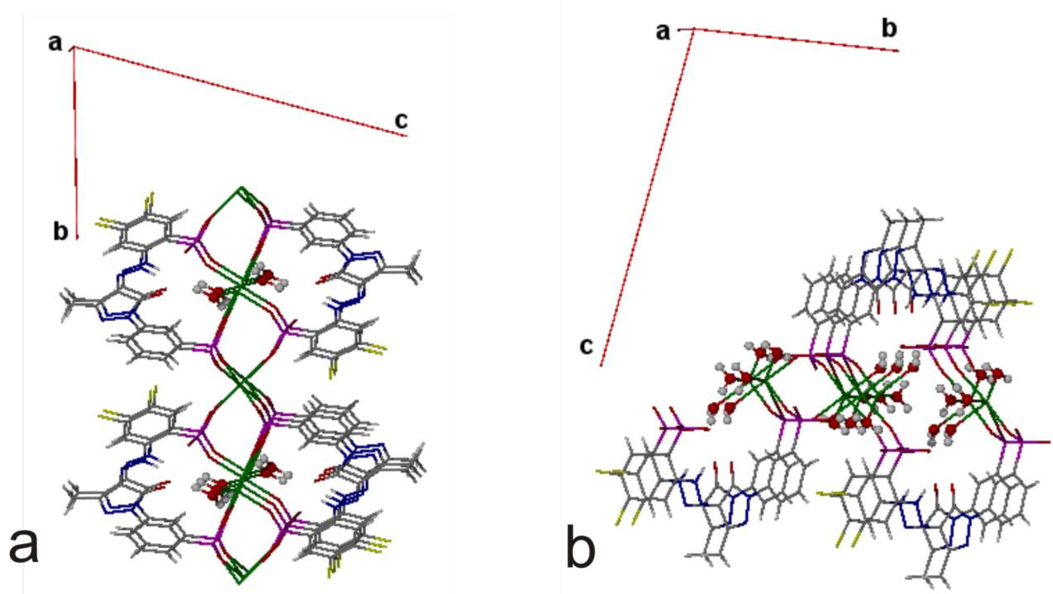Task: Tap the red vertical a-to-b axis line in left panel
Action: (75, 143)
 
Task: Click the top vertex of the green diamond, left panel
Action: (241, 188)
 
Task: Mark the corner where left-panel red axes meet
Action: (74, 48)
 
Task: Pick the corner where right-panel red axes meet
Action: (693, 29)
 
